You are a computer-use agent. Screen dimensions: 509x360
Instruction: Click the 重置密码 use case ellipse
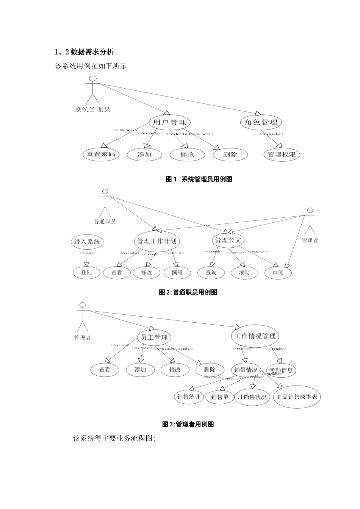pyautogui.click(x=101, y=155)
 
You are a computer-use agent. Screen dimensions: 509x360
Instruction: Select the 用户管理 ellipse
pyautogui.click(x=169, y=122)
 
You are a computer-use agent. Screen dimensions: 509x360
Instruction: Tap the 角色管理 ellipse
pyautogui.click(x=261, y=122)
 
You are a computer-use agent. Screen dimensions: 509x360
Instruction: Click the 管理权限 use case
pyautogui.click(x=282, y=155)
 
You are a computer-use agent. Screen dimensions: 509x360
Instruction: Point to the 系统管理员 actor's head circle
pyautogui.click(x=92, y=78)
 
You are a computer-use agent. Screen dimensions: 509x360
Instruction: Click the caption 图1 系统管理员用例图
pyautogui.click(x=199, y=180)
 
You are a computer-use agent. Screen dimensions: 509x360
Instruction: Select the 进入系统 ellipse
pyautogui.click(x=87, y=242)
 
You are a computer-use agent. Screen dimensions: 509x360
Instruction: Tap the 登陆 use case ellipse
pyautogui.click(x=87, y=273)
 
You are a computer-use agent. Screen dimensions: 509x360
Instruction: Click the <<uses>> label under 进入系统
pyautogui.click(x=87, y=253)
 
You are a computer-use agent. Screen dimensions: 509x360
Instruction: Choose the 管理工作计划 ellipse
pyautogui.click(x=157, y=241)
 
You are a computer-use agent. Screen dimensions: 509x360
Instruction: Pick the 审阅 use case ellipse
pyautogui.click(x=278, y=273)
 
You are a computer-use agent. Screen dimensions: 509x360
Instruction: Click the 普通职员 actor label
pyautogui.click(x=105, y=222)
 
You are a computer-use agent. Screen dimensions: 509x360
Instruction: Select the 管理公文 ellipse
pyautogui.click(x=228, y=240)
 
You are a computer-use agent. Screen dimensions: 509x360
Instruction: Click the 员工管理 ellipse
pyautogui.click(x=154, y=337)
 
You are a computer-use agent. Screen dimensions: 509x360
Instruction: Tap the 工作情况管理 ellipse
pyautogui.click(x=255, y=336)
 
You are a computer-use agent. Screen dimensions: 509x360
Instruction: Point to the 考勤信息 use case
pyautogui.click(x=281, y=370)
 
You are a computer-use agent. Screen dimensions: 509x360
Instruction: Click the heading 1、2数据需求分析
pyautogui.click(x=84, y=52)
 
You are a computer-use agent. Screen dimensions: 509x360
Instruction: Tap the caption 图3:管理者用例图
pyautogui.click(x=188, y=425)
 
